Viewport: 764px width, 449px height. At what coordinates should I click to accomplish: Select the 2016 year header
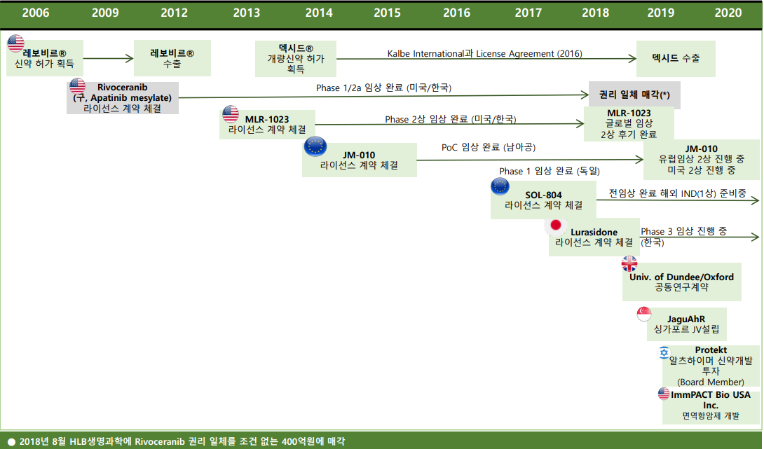point(456,13)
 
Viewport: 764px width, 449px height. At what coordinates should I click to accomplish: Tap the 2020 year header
point(728,13)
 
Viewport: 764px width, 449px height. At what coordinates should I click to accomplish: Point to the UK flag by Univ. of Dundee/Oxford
point(629,263)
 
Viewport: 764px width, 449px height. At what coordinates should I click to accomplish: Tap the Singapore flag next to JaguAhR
point(644,315)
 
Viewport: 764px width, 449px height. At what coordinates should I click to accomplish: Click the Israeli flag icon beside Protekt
point(663,352)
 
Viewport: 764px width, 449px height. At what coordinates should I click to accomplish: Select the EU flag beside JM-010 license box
point(315,146)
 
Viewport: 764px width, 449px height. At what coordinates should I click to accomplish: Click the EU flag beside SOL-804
point(500,186)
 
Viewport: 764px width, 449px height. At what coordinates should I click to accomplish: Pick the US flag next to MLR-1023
point(231,113)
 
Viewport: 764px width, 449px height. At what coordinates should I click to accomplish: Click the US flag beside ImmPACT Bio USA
point(664,394)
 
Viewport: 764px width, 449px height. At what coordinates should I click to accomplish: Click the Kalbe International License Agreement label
point(484,53)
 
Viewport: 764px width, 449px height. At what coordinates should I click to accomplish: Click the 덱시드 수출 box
point(675,59)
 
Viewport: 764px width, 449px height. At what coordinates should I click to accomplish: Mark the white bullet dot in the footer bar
point(11,441)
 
